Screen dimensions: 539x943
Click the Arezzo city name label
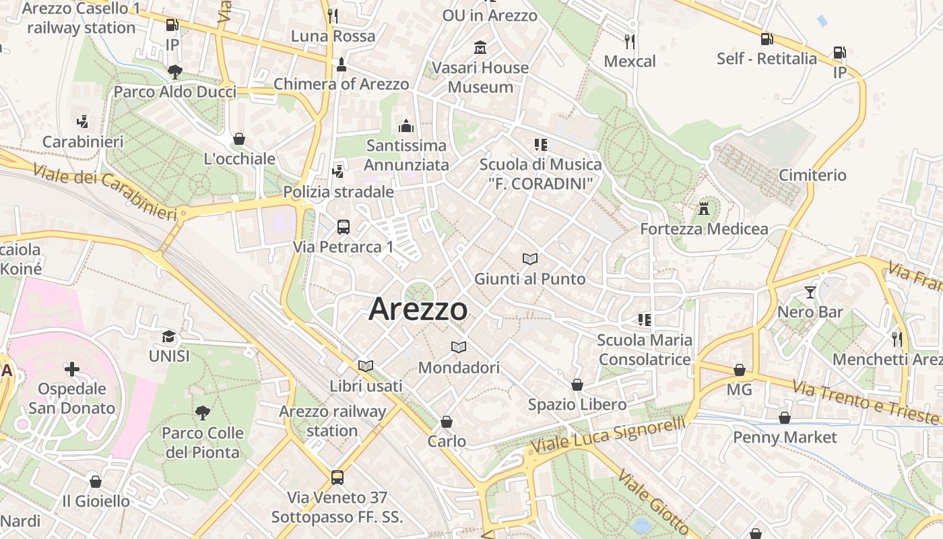418,309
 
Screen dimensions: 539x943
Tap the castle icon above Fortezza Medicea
704,208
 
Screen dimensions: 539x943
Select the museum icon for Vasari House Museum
480,48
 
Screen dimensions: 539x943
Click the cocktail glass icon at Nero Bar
810,292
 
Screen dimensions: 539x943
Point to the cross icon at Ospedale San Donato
72,369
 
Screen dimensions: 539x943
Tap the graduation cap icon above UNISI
169,336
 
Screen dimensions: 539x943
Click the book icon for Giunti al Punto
530,259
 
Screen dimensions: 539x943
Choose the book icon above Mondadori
459,348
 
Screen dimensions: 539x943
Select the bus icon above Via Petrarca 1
343,227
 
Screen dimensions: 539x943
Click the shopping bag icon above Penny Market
784,418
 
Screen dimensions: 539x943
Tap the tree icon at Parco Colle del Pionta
202,413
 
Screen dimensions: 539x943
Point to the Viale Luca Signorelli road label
608,436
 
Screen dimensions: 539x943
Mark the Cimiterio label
812,175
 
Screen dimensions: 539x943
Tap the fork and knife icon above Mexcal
630,42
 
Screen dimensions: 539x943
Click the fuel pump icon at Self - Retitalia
767,39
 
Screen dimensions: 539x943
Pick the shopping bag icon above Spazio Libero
577,385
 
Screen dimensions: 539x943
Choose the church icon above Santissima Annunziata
406,126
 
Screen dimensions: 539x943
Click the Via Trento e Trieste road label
865,402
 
